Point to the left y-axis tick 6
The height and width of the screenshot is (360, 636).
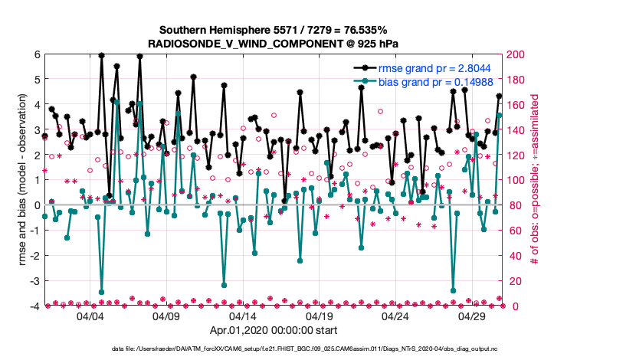click(37, 54)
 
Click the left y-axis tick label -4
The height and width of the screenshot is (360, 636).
click(34, 306)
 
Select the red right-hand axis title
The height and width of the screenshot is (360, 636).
click(534, 180)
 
